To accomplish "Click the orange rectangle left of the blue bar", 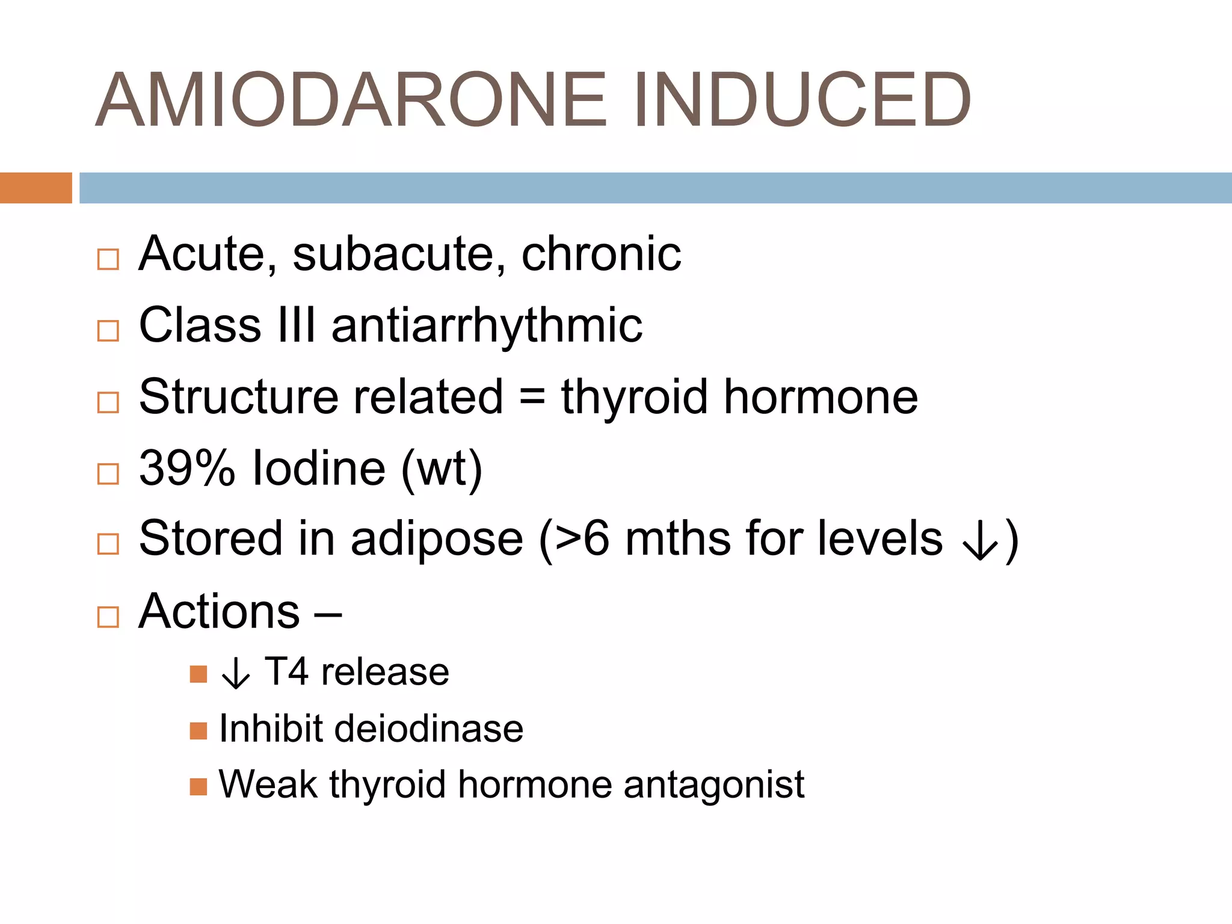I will tap(35, 188).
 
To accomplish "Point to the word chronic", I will tap(601, 254).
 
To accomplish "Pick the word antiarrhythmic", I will tap(487, 325).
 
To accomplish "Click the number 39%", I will tap(186, 468).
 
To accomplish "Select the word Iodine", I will tap(319, 468).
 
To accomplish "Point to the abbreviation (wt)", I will tap(442, 468).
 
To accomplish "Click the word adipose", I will tap(437, 538).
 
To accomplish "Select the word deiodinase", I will tap(429, 728).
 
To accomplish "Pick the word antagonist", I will tap(714, 784).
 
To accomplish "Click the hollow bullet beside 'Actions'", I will tap(108, 617).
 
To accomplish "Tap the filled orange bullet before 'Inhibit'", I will tap(198, 731).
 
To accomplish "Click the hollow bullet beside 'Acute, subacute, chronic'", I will tap(108, 259).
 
